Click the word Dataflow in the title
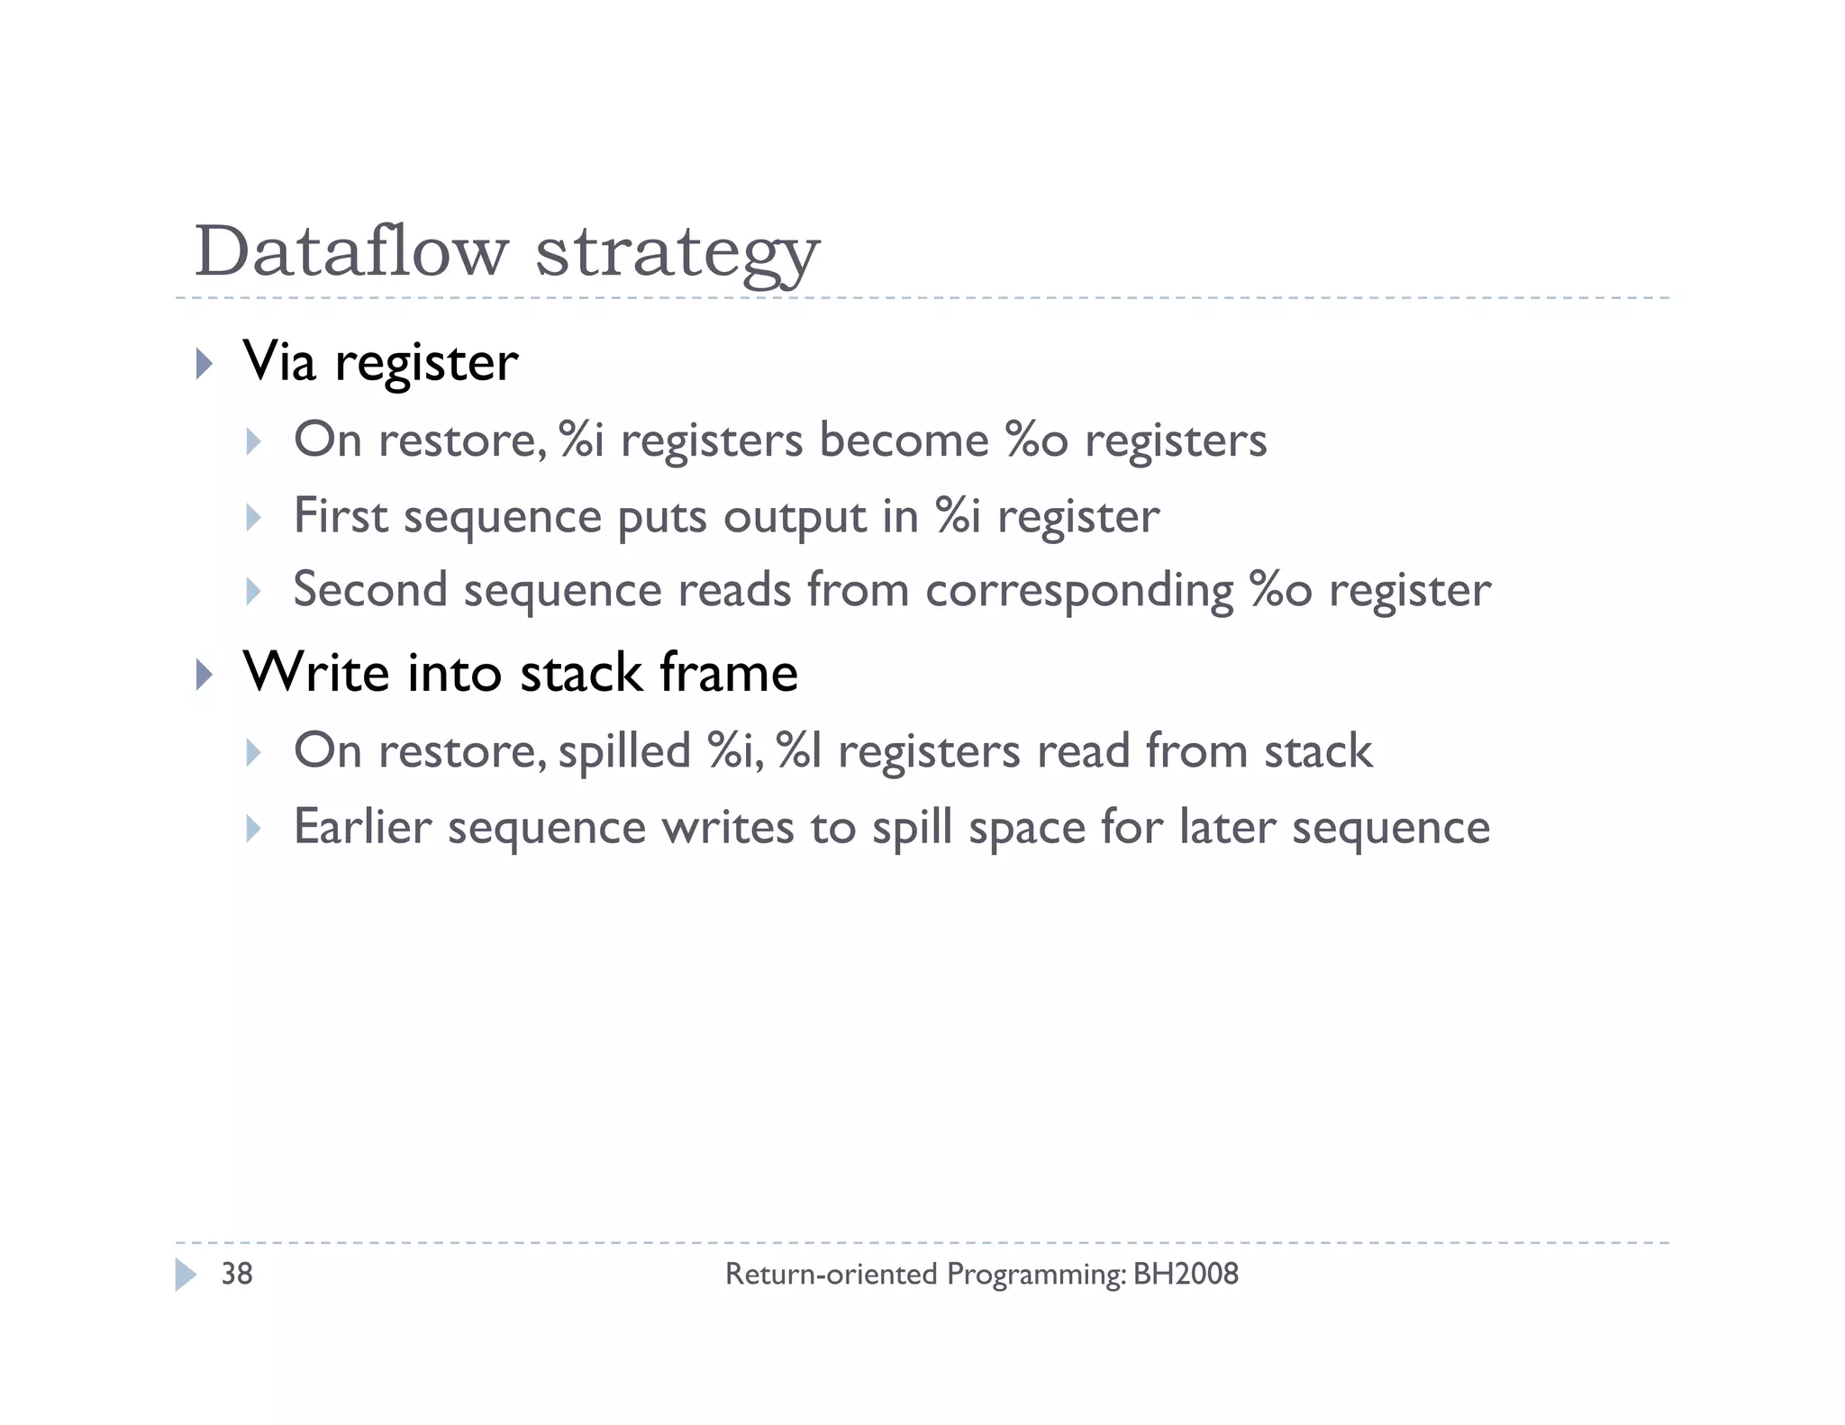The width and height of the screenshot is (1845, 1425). (351, 251)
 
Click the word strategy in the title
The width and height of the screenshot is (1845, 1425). (677, 254)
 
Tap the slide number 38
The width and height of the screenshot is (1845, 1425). (237, 1274)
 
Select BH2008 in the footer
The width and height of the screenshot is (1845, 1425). (1186, 1274)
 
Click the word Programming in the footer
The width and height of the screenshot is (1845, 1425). (1035, 1275)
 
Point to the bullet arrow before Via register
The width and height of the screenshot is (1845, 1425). (204, 364)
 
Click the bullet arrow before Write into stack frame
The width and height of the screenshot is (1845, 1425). (204, 674)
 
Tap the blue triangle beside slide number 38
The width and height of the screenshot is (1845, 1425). (185, 1275)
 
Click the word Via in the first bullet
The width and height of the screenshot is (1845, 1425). (279, 362)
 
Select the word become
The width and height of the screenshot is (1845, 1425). (904, 440)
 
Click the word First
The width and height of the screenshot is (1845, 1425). (341, 516)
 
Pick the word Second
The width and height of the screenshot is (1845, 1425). (370, 590)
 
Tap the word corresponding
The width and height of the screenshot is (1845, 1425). (1078, 592)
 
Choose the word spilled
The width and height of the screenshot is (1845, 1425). (624, 751)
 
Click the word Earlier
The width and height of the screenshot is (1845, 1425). (362, 827)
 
